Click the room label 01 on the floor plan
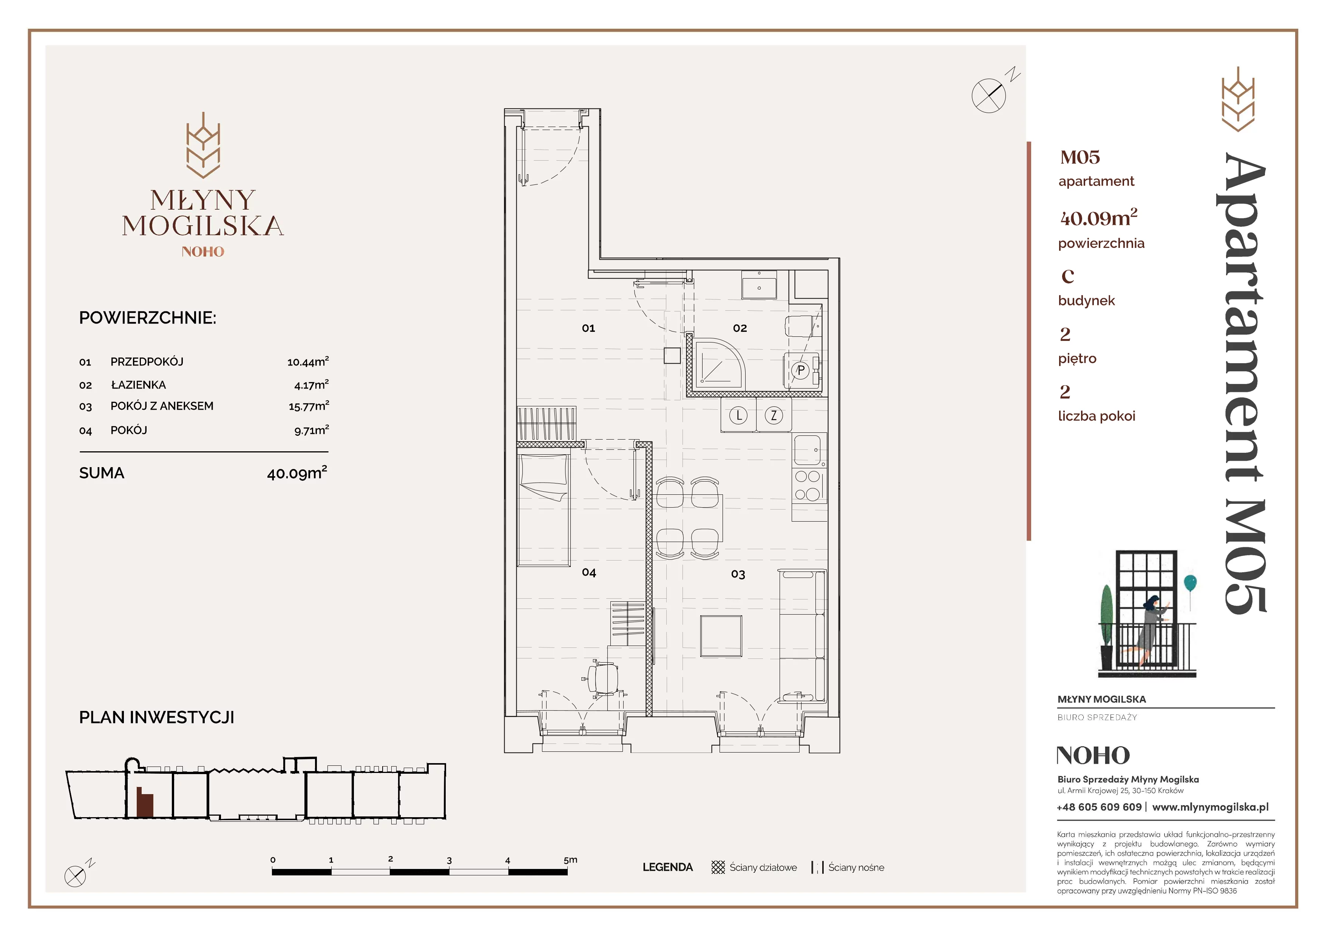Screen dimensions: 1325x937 pyautogui.click(x=588, y=328)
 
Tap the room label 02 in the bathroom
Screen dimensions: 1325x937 pyautogui.click(x=740, y=328)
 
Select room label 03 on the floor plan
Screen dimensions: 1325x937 pyautogui.click(x=738, y=574)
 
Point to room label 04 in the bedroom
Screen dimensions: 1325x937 pyautogui.click(x=588, y=572)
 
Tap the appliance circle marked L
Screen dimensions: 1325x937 pyautogui.click(x=739, y=415)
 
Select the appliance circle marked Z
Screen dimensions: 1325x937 pyautogui.click(x=774, y=415)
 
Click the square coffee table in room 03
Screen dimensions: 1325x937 pyautogui.click(x=721, y=636)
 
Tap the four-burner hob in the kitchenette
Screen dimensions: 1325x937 pyautogui.click(x=807, y=485)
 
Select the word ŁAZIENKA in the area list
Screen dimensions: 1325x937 pyautogui.click(x=139, y=384)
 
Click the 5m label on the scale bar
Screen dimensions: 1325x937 pyautogui.click(x=570, y=860)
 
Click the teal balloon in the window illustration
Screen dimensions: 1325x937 pyautogui.click(x=1190, y=582)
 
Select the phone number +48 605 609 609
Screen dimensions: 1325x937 pyautogui.click(x=1100, y=807)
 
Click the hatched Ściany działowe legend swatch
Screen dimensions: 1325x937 pyautogui.click(x=718, y=867)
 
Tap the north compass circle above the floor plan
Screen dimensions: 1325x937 pyautogui.click(x=988, y=95)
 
